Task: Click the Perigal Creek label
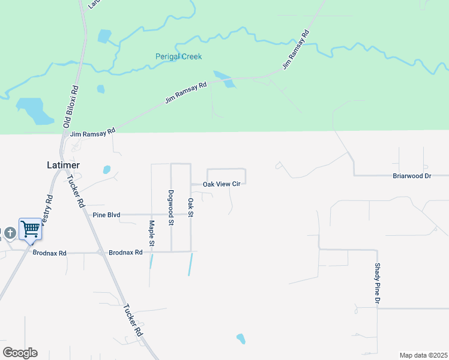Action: [179, 56]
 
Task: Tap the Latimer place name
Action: [64, 164]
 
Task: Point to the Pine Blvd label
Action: [107, 214]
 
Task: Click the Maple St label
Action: [152, 233]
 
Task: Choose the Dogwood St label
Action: [171, 208]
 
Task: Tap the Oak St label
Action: [191, 208]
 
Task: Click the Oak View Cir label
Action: [221, 184]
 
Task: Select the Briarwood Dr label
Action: [412, 176]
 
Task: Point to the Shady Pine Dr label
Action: [378, 283]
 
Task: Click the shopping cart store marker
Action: [30, 228]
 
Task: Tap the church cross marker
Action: [10, 232]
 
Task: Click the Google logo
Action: [20, 353]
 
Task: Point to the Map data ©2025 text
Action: [423, 355]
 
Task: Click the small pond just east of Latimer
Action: [106, 169]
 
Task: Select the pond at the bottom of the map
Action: [241, 339]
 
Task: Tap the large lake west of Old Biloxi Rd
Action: [35, 111]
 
